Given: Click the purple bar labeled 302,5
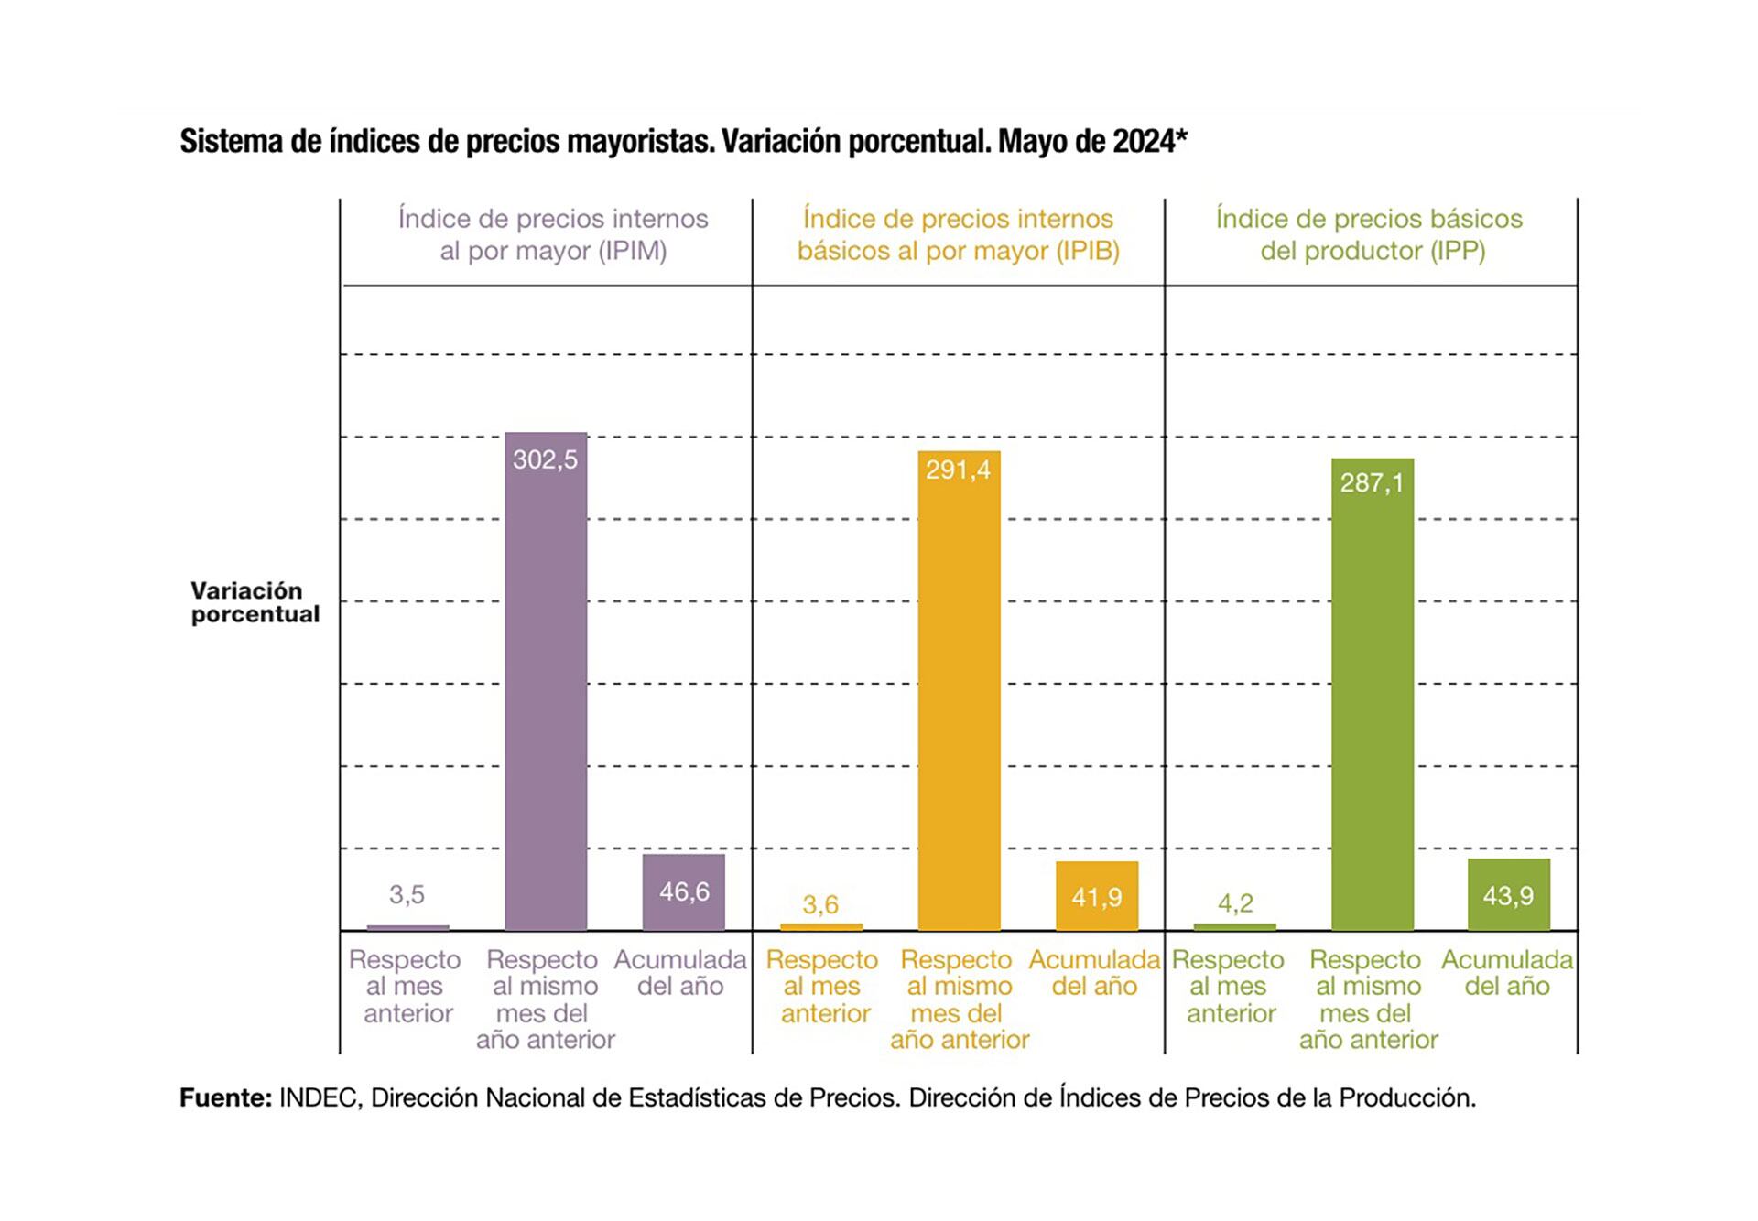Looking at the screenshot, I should (x=546, y=682).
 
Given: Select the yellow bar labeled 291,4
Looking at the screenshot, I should (x=959, y=691).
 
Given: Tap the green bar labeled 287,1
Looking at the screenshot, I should (x=1372, y=696).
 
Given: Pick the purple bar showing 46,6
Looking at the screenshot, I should (x=683, y=892).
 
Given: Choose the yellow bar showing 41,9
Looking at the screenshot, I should (x=1096, y=896).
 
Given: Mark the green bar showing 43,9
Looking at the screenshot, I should (x=1508, y=895).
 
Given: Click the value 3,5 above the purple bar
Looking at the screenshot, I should (x=407, y=894).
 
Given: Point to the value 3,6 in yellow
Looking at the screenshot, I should (x=820, y=904).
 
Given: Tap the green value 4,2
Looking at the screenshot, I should (x=1235, y=903).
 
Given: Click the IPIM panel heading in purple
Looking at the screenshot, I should (x=553, y=234).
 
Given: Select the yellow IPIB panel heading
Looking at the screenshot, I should (x=958, y=234).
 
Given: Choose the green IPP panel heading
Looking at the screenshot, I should (x=1370, y=234).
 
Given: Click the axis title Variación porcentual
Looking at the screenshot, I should (x=255, y=602).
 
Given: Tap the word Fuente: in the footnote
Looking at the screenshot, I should (x=225, y=1097).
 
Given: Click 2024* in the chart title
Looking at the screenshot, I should (x=1149, y=142).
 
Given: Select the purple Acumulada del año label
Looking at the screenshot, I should (x=680, y=973).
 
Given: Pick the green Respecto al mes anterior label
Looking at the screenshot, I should (x=1229, y=986).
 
